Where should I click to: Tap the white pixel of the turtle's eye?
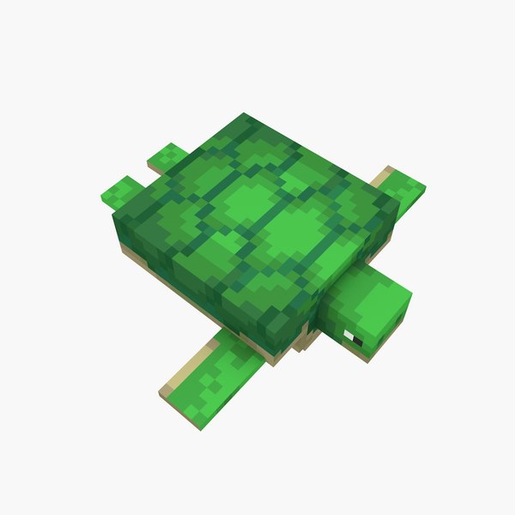(348, 332)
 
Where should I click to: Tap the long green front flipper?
(215, 373)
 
